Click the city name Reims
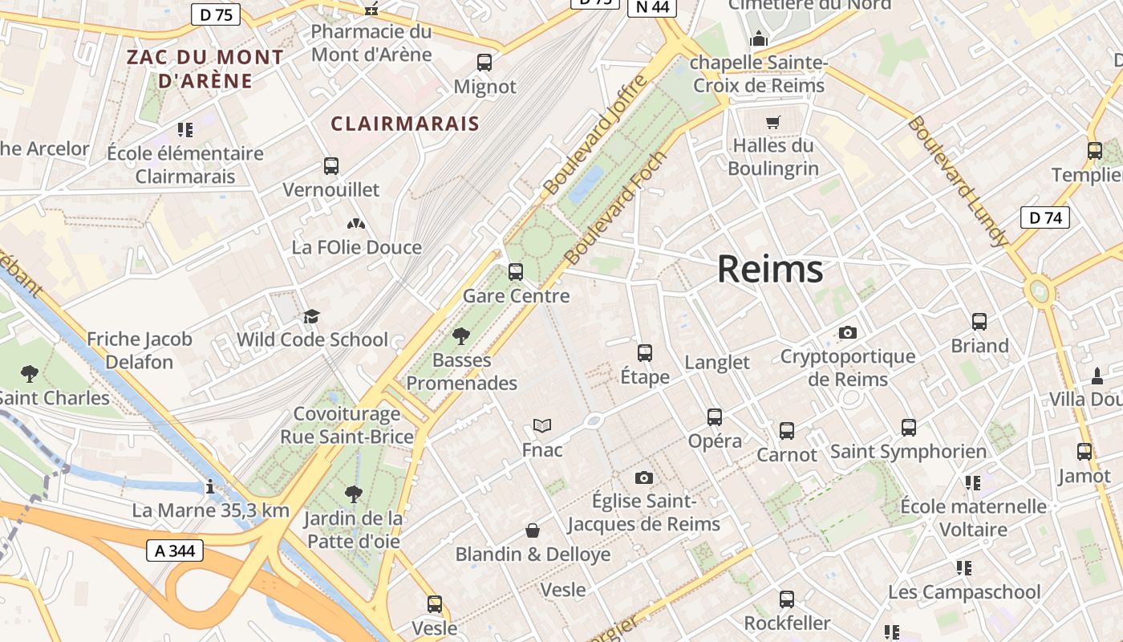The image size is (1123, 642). click(770, 269)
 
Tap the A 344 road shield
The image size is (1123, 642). click(175, 551)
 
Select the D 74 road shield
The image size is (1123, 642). click(1045, 217)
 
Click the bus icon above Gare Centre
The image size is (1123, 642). click(516, 271)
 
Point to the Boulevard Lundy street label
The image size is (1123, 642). click(957, 181)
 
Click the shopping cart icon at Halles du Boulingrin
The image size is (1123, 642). click(772, 123)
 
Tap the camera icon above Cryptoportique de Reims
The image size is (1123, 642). click(848, 332)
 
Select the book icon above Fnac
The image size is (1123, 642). click(542, 425)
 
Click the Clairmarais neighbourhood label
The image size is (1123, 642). click(405, 124)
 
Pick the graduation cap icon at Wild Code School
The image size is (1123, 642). click(311, 316)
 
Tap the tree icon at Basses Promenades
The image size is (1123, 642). click(460, 335)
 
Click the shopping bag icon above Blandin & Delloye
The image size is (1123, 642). click(533, 530)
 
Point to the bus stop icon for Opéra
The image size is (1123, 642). click(715, 416)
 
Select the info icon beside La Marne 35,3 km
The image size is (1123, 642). click(210, 486)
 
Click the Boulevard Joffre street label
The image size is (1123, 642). click(594, 134)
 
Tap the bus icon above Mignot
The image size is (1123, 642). click(484, 62)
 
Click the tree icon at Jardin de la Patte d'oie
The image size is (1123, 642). click(353, 494)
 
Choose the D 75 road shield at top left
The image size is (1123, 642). click(216, 14)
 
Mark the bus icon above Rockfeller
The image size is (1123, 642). click(787, 599)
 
